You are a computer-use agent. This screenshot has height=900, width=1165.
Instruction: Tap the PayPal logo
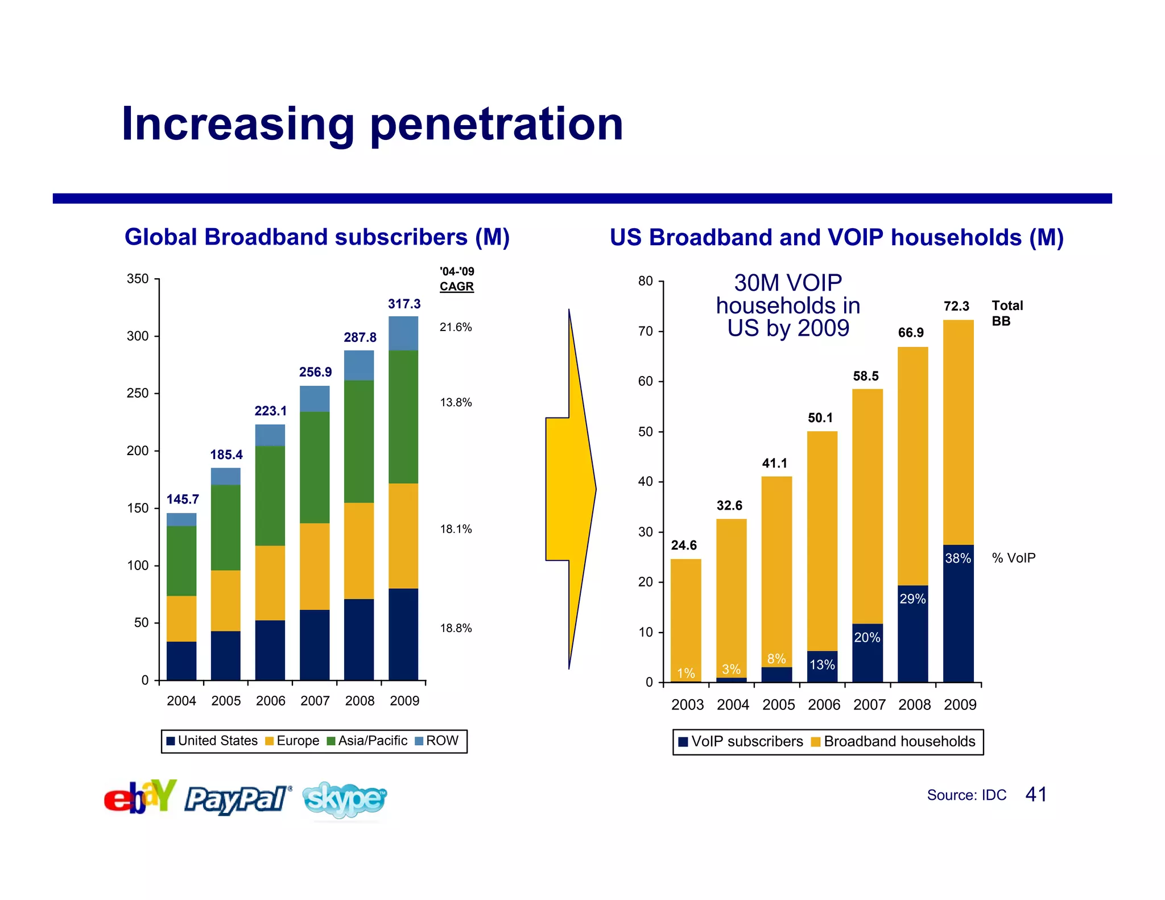pos(237,799)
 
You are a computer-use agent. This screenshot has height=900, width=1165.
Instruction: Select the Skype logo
pos(345,799)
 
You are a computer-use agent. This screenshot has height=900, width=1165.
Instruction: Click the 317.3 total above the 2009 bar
pos(404,304)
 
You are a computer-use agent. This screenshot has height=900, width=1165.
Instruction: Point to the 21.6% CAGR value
pos(456,327)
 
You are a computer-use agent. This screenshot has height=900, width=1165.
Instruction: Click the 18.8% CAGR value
pos(456,628)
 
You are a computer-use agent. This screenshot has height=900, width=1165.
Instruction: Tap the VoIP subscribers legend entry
pos(741,741)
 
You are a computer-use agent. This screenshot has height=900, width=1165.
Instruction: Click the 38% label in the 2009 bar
pos(958,559)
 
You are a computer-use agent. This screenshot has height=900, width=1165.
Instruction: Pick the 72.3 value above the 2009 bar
pos(956,306)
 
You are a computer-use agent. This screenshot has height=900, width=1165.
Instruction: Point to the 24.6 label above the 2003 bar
pos(684,545)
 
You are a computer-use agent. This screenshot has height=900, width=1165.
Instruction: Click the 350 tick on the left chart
pos(138,279)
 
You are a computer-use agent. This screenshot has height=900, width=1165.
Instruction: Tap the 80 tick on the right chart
pos(646,281)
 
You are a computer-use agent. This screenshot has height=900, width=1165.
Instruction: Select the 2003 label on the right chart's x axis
pos(687,705)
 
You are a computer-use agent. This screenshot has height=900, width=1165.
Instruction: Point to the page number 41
pos(1036,794)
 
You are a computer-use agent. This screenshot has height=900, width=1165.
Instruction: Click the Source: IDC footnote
pos(966,795)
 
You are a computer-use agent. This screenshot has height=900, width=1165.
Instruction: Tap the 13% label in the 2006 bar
pos(822,664)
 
